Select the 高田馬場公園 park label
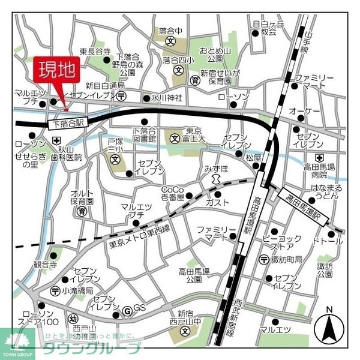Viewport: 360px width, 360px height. point(193,275)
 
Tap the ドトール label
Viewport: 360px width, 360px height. point(328,241)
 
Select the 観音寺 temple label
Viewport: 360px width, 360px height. point(44,263)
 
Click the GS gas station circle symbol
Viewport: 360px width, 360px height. point(127,311)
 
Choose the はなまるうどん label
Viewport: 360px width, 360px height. point(312,191)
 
